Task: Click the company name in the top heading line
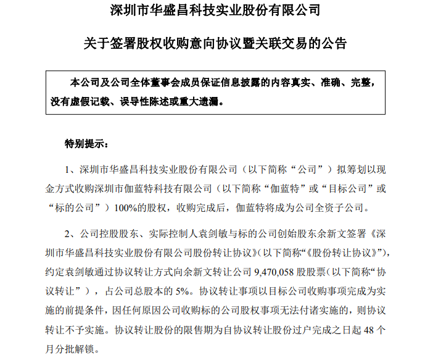(x=216, y=11)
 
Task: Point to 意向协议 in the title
(x=203, y=44)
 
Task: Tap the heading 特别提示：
(x=86, y=144)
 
